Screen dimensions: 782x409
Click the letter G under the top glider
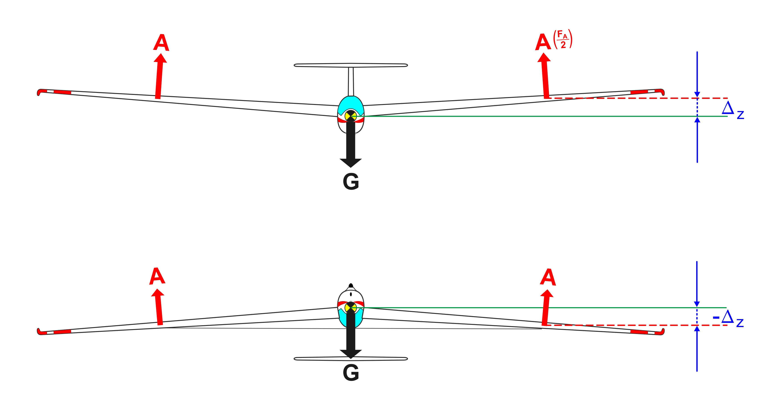(351, 182)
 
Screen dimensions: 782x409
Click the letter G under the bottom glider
(351, 373)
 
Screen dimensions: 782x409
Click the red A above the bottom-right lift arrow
(548, 277)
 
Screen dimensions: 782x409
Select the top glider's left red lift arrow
(159, 76)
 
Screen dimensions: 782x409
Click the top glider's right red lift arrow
(545, 76)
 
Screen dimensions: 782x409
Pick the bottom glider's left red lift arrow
(158, 307)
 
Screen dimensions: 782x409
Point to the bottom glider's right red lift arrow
(546, 307)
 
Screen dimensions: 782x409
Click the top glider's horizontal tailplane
(351, 65)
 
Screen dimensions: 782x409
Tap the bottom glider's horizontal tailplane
(351, 359)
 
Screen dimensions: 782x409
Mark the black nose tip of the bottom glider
(351, 286)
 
